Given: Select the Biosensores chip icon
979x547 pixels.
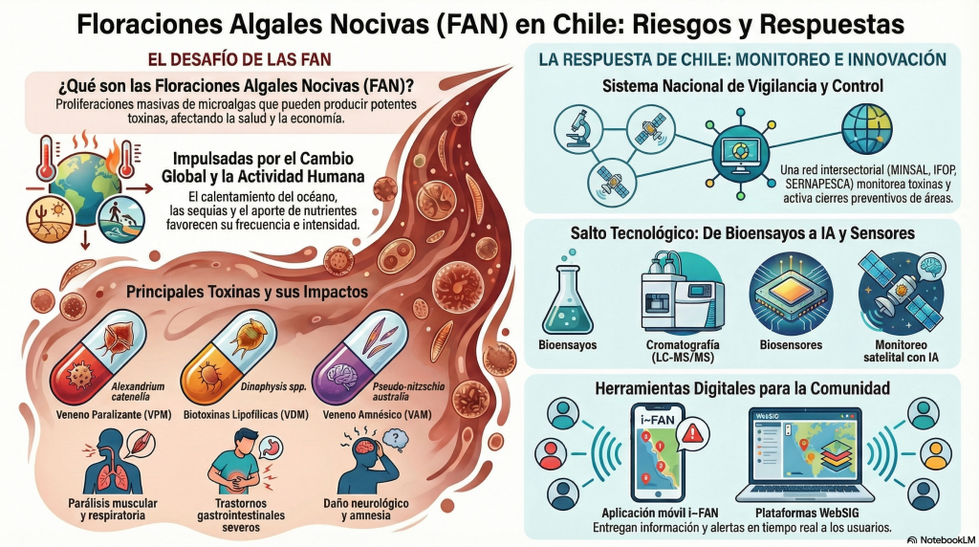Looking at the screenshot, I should click(x=784, y=290).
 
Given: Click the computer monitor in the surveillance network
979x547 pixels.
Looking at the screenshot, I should click(x=736, y=152).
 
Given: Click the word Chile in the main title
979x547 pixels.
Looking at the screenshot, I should click(x=561, y=23).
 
